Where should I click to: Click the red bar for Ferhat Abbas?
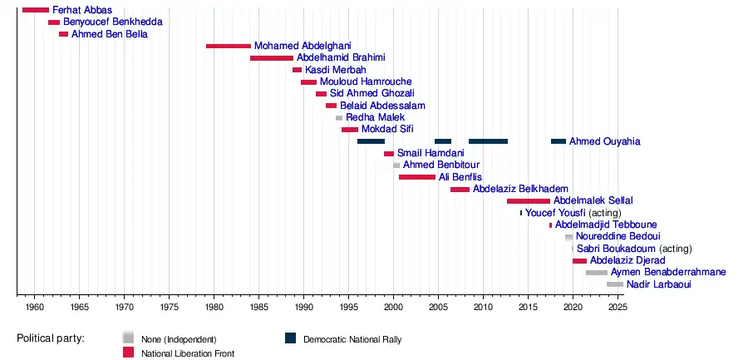pyautogui.click(x=36, y=10)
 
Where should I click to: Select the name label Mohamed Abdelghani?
pyautogui.click(x=291, y=46)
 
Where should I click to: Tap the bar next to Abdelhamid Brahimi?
pyautogui.click(x=272, y=58)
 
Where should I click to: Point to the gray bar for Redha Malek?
pyautogui.click(x=339, y=118)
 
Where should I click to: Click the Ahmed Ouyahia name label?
pyautogui.click(x=604, y=141)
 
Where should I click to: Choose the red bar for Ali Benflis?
pyautogui.click(x=416, y=177)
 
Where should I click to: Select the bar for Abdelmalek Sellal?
pyautogui.click(x=529, y=201)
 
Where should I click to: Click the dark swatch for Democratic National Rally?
pyautogui.click(x=291, y=338)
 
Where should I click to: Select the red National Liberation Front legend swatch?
pyautogui.click(x=128, y=353)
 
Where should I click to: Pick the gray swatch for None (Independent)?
pyautogui.click(x=128, y=338)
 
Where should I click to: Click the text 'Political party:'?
pyautogui.click(x=56, y=338)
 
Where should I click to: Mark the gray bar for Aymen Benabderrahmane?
pyautogui.click(x=596, y=273)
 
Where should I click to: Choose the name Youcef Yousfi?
pyautogui.click(x=555, y=213)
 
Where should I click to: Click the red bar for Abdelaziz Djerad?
pyautogui.click(x=579, y=261)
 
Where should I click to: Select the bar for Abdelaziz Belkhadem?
pyautogui.click(x=460, y=190)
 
